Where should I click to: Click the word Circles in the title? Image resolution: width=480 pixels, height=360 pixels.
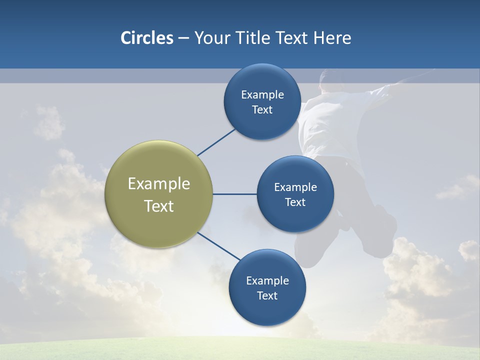(x=146, y=38)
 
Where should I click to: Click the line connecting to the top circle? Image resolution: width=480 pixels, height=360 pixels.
(x=216, y=142)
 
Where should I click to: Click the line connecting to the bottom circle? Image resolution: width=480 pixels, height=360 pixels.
(x=219, y=246)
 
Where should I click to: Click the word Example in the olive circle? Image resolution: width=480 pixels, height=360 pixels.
(x=158, y=184)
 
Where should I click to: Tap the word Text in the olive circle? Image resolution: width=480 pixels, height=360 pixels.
(x=158, y=206)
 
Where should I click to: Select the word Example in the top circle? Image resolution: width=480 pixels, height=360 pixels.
(x=262, y=95)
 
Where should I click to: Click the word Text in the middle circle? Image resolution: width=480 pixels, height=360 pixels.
(x=295, y=202)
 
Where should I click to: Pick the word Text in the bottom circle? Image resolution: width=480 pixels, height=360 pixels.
(x=267, y=295)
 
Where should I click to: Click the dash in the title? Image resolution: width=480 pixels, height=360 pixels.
(x=183, y=38)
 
